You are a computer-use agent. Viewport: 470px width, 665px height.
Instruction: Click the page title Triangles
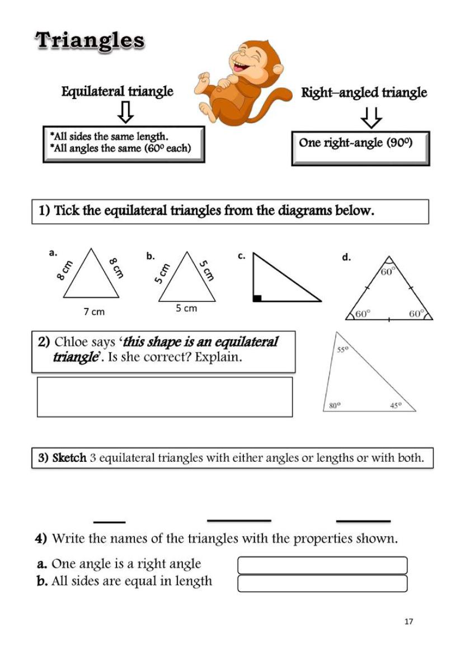point(90,41)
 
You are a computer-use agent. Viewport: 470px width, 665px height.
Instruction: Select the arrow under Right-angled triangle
point(371,117)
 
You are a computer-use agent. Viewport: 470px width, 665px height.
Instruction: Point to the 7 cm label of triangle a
point(94,311)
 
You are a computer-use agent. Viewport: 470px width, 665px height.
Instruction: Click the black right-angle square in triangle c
point(257,298)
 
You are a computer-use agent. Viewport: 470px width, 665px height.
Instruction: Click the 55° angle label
point(342,349)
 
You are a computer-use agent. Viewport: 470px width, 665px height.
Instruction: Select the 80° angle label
point(334,405)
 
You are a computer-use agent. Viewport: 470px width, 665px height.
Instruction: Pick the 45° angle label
point(396,405)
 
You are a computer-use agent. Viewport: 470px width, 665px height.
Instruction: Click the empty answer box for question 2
point(164,397)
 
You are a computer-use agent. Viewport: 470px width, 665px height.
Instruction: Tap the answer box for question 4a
point(322,565)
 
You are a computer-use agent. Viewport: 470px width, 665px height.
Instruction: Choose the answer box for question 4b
point(322,583)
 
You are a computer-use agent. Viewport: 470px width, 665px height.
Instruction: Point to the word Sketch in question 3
point(69,458)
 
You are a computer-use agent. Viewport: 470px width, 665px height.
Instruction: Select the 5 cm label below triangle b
point(186,308)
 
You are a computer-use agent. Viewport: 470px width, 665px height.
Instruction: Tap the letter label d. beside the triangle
point(346,257)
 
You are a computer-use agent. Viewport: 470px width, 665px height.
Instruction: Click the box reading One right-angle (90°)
point(360,148)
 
